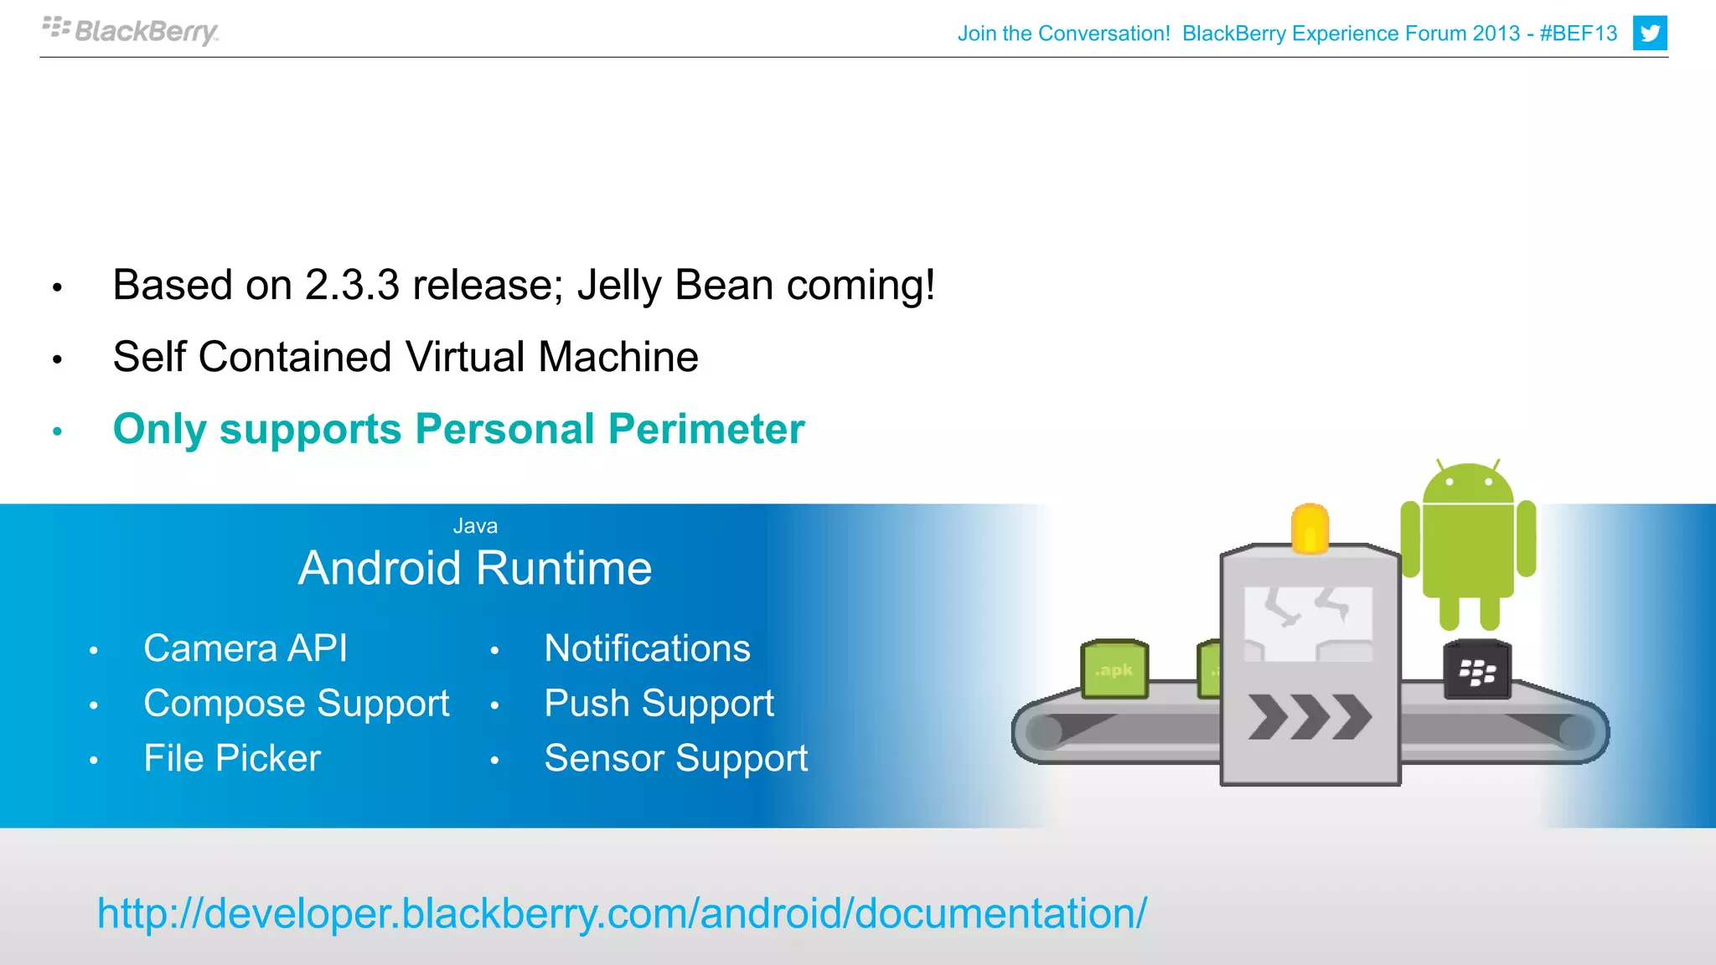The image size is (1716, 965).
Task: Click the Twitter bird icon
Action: coord(1649,34)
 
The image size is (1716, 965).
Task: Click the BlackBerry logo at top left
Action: coord(131,31)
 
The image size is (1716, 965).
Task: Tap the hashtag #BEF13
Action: coord(1578,34)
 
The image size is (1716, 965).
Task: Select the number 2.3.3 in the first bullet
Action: coord(352,286)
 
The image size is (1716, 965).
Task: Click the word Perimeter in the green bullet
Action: coord(706,430)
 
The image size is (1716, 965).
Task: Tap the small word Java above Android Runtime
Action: coord(475,526)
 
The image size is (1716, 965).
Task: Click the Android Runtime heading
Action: coord(475,569)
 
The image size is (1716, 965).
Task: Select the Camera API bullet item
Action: coord(245,649)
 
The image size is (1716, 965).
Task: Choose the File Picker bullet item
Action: coord(232,759)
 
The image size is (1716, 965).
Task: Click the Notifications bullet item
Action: coord(647,649)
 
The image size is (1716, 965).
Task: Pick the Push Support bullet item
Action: coord(659,704)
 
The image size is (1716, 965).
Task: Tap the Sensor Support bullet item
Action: coord(675,759)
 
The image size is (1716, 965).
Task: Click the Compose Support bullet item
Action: coord(296,704)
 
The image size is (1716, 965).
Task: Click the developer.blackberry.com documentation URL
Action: coord(621,914)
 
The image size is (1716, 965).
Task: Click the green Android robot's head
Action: coord(1468,484)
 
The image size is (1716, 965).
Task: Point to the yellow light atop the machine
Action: coord(1310,528)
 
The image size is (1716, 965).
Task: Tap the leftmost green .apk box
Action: coord(1114,669)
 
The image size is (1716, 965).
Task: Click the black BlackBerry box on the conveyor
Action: coord(1476,670)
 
